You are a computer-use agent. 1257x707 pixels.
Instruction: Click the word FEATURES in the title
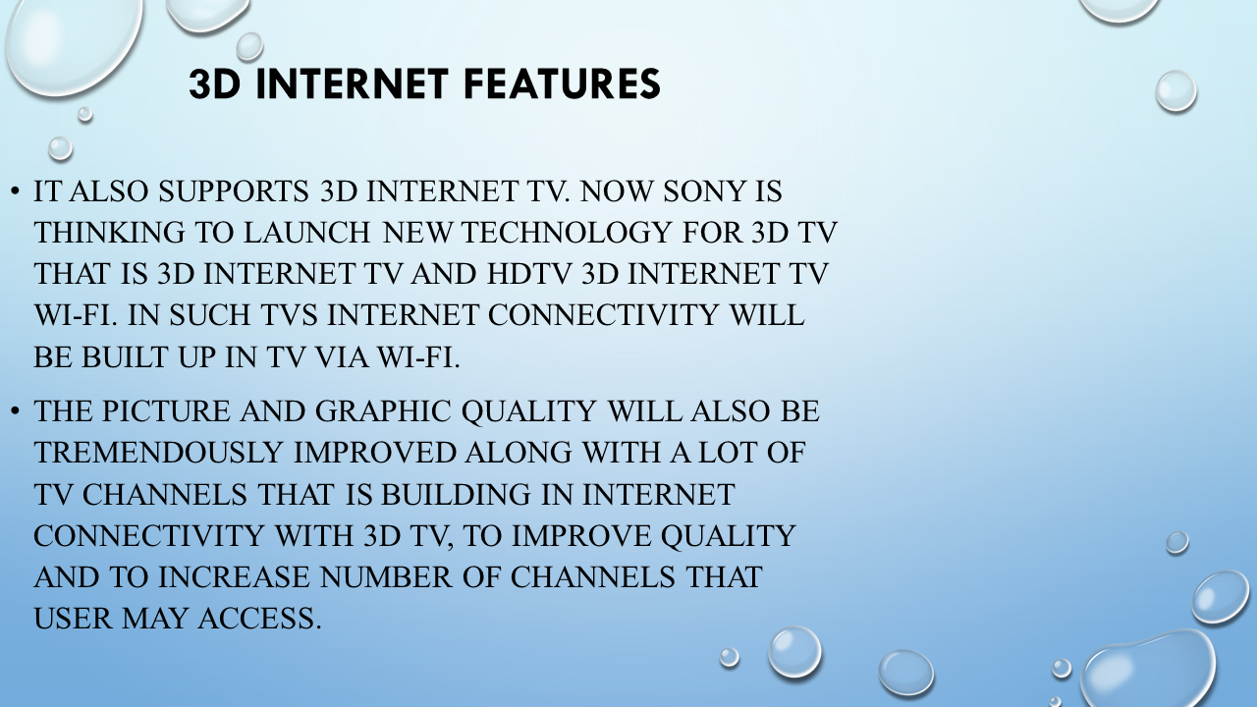[x=563, y=84]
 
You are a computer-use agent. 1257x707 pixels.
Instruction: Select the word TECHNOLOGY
[x=566, y=233]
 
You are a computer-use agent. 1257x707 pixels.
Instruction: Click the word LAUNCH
[x=307, y=233]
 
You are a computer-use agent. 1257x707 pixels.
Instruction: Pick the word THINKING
[x=109, y=233]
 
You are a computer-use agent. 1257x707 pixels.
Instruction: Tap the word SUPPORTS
[x=234, y=191]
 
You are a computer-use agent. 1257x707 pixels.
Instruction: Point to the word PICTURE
[x=166, y=411]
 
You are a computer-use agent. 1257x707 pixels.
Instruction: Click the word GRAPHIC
[x=383, y=411]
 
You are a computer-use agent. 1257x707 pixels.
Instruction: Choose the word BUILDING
[x=456, y=495]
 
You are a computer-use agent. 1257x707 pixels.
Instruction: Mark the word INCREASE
[x=234, y=577]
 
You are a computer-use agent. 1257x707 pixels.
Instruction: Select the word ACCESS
[x=260, y=619]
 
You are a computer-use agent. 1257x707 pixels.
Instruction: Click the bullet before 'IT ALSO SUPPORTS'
[x=15, y=191]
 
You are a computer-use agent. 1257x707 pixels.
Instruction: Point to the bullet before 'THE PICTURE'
[x=15, y=411]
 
